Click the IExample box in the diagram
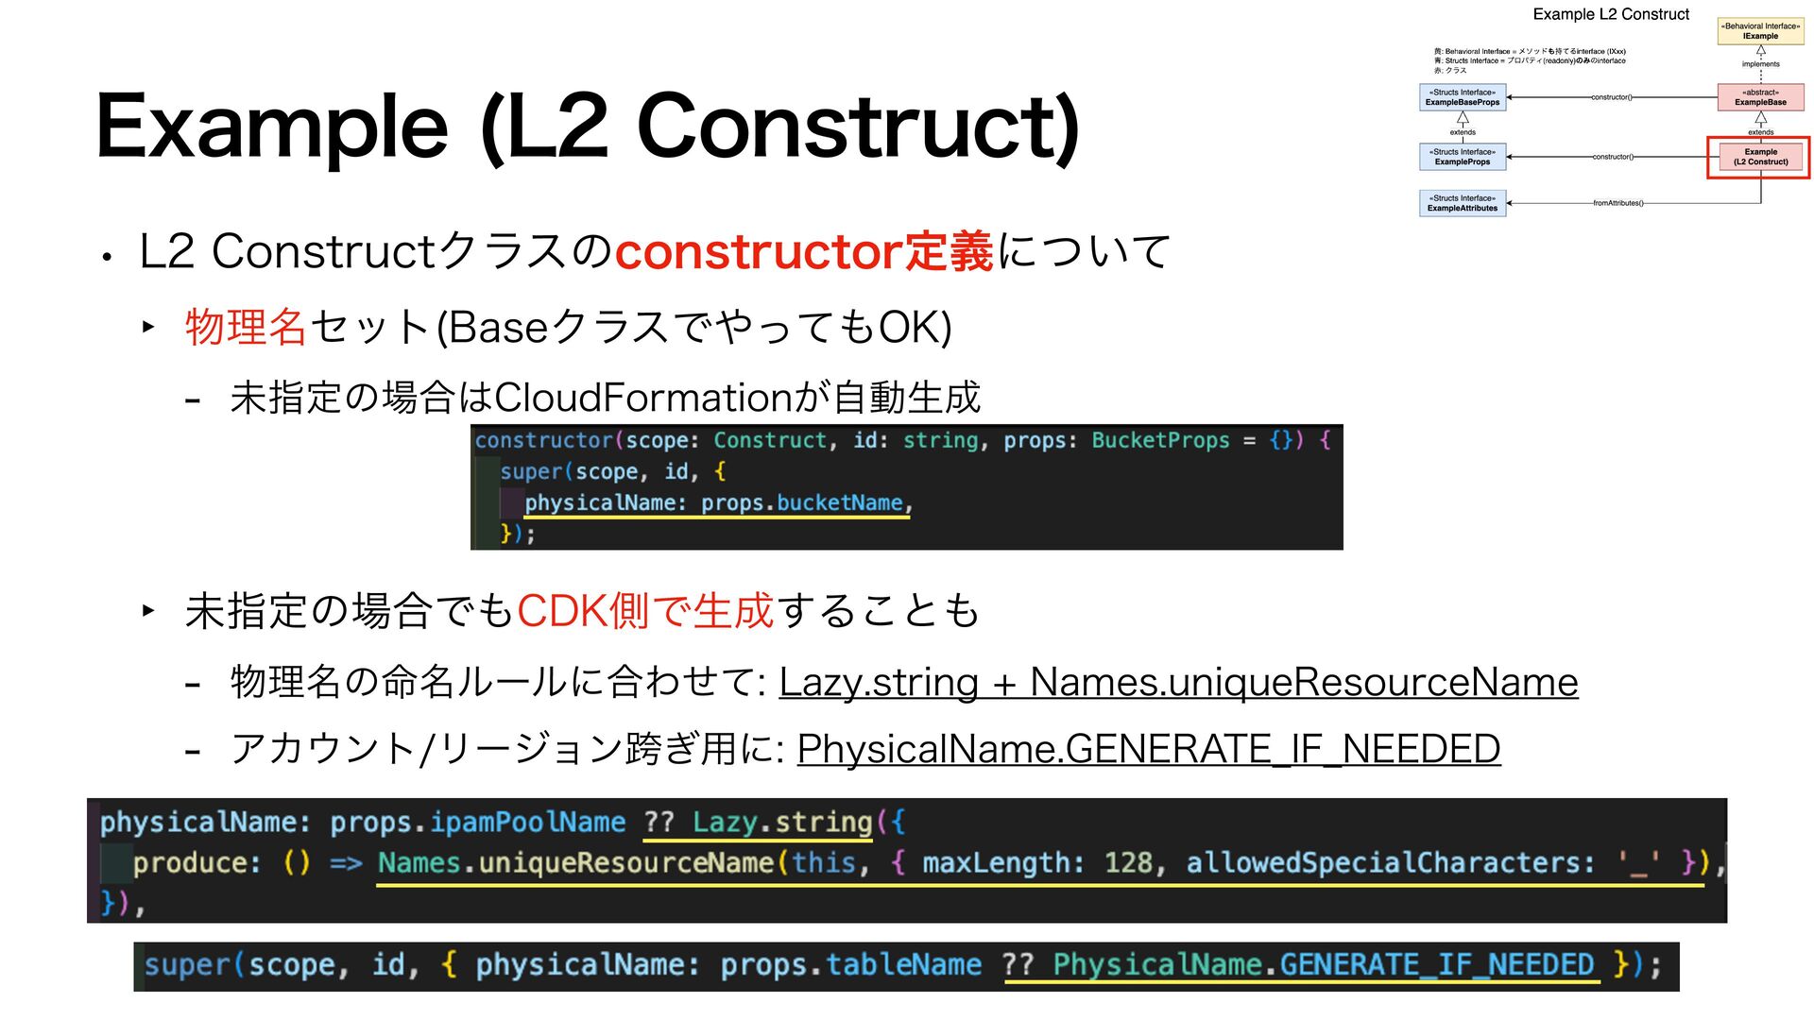pyautogui.click(x=1760, y=31)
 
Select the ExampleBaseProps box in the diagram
pyautogui.click(x=1462, y=97)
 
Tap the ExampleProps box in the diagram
pyautogui.click(x=1462, y=157)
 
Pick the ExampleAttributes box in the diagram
pyautogui.click(x=1462, y=203)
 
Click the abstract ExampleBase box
pyautogui.click(x=1760, y=97)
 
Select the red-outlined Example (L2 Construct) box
pyautogui.click(x=1759, y=157)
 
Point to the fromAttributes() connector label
pyautogui.click(x=1617, y=203)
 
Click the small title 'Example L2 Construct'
pyautogui.click(x=1611, y=14)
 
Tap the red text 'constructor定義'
pyautogui.click(x=804, y=251)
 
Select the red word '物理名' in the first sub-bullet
pyautogui.click(x=246, y=327)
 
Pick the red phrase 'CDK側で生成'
pyautogui.click(x=645, y=611)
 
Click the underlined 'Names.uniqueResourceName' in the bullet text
pyautogui.click(x=1304, y=682)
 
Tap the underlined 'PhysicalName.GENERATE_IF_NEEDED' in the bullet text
pyautogui.click(x=1148, y=749)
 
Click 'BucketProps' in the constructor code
pyautogui.click(x=1160, y=440)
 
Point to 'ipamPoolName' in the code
pyautogui.click(x=528, y=823)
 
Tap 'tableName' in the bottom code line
pyautogui.click(x=903, y=965)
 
